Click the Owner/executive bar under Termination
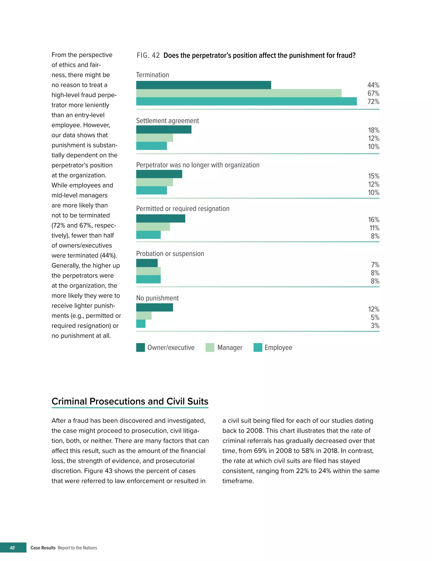pyautogui.click(x=203, y=85)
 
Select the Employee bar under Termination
pyautogui.click(x=246, y=101)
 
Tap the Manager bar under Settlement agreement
pyautogui.click(x=154, y=138)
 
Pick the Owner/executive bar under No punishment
pyautogui.click(x=154, y=307)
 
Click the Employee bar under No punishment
pyautogui.click(x=141, y=324)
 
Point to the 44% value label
pyautogui.click(x=373, y=85)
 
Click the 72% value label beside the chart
pyautogui.click(x=373, y=102)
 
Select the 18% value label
pyautogui.click(x=374, y=130)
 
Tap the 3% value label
pyautogui.click(x=375, y=326)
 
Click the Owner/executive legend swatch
pyautogui.click(x=140, y=347)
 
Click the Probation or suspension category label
pyautogui.click(x=170, y=254)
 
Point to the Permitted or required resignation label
pyautogui.click(x=183, y=209)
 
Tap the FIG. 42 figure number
pyautogui.click(x=148, y=55)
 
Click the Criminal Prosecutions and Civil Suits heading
pyautogui.click(x=130, y=401)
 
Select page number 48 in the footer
pyautogui.click(x=12, y=548)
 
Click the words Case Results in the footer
pyautogui.click(x=43, y=548)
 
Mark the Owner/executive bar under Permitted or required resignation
pyautogui.click(x=161, y=219)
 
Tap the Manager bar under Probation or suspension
pyautogui.click(x=148, y=271)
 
